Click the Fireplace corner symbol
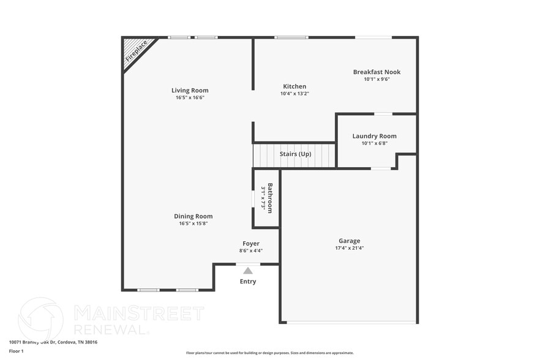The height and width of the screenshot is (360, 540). pyautogui.click(x=135, y=51)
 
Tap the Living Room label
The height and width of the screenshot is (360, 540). pyautogui.click(x=190, y=91)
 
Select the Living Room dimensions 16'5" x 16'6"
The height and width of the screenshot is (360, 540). pyautogui.click(x=190, y=97)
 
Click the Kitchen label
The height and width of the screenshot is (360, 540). pyautogui.click(x=294, y=86)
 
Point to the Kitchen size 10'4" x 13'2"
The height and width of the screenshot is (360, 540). pyautogui.click(x=294, y=94)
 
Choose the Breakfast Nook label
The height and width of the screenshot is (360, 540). pyautogui.click(x=377, y=72)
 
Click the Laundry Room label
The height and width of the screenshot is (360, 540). pyautogui.click(x=374, y=136)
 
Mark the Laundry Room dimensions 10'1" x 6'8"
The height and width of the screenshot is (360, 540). pyautogui.click(x=374, y=143)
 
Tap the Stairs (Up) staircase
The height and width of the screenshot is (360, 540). pyautogui.click(x=294, y=155)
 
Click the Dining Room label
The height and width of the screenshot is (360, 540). pyautogui.click(x=193, y=216)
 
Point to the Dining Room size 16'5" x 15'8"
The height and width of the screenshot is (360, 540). pyautogui.click(x=193, y=223)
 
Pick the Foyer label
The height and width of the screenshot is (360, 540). pyautogui.click(x=251, y=244)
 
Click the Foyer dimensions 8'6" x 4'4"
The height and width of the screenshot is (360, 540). pyautogui.click(x=251, y=250)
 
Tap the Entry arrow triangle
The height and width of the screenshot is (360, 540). pyautogui.click(x=247, y=270)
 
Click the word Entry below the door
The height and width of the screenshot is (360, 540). pyautogui.click(x=248, y=282)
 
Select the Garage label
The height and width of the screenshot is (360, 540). pyautogui.click(x=350, y=241)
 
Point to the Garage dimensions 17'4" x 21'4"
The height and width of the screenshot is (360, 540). pyautogui.click(x=350, y=248)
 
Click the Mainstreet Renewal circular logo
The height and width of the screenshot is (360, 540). pyautogui.click(x=40, y=319)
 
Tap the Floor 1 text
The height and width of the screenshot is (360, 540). pyautogui.click(x=16, y=351)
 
